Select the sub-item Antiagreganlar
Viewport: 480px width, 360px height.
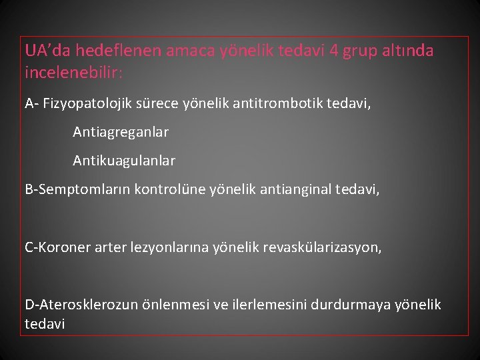(x=121, y=132)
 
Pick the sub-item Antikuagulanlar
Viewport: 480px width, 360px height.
(x=124, y=161)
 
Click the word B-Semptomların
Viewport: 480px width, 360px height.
(x=77, y=190)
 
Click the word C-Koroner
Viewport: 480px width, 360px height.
(x=57, y=247)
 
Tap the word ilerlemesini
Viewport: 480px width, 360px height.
(x=263, y=305)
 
